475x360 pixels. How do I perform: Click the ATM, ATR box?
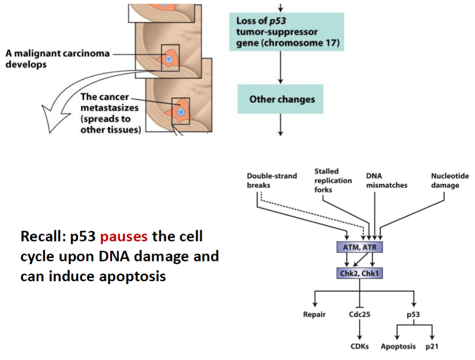(359, 247)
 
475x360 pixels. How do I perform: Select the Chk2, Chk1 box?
(359, 274)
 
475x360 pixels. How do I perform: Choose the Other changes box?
(280, 99)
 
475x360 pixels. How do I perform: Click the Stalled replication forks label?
(332, 180)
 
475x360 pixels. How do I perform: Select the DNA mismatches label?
(386, 180)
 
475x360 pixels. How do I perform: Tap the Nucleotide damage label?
(449, 180)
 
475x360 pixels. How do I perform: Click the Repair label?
(314, 315)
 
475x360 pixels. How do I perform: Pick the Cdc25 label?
(359, 315)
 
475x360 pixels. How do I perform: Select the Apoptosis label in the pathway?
(398, 346)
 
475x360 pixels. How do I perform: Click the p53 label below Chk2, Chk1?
(413, 315)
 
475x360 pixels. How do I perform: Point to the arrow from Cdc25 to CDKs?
(359, 330)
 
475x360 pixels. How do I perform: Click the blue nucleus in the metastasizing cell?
(180, 112)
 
